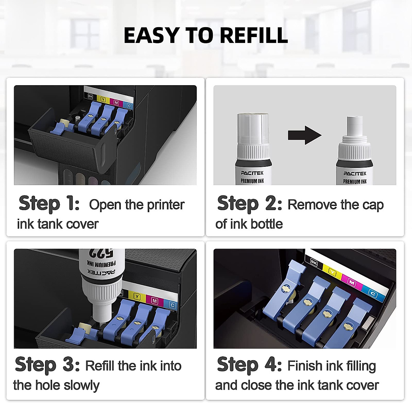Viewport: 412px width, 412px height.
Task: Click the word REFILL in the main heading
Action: pos(253,35)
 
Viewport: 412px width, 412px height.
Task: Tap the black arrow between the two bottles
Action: pos(304,135)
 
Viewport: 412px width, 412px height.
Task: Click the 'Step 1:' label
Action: pos(49,203)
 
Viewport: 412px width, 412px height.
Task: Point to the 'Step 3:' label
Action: pos(47,365)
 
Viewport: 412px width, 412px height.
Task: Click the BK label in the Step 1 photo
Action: pos(90,96)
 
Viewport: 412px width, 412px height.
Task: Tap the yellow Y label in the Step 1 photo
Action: pos(103,100)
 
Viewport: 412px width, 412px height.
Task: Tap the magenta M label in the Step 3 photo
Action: pos(154,301)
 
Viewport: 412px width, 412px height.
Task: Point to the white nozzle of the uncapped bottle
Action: pos(354,126)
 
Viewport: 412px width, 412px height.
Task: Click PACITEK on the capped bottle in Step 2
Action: pos(252,173)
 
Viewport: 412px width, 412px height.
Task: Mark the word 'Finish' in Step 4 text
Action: pos(302,366)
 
